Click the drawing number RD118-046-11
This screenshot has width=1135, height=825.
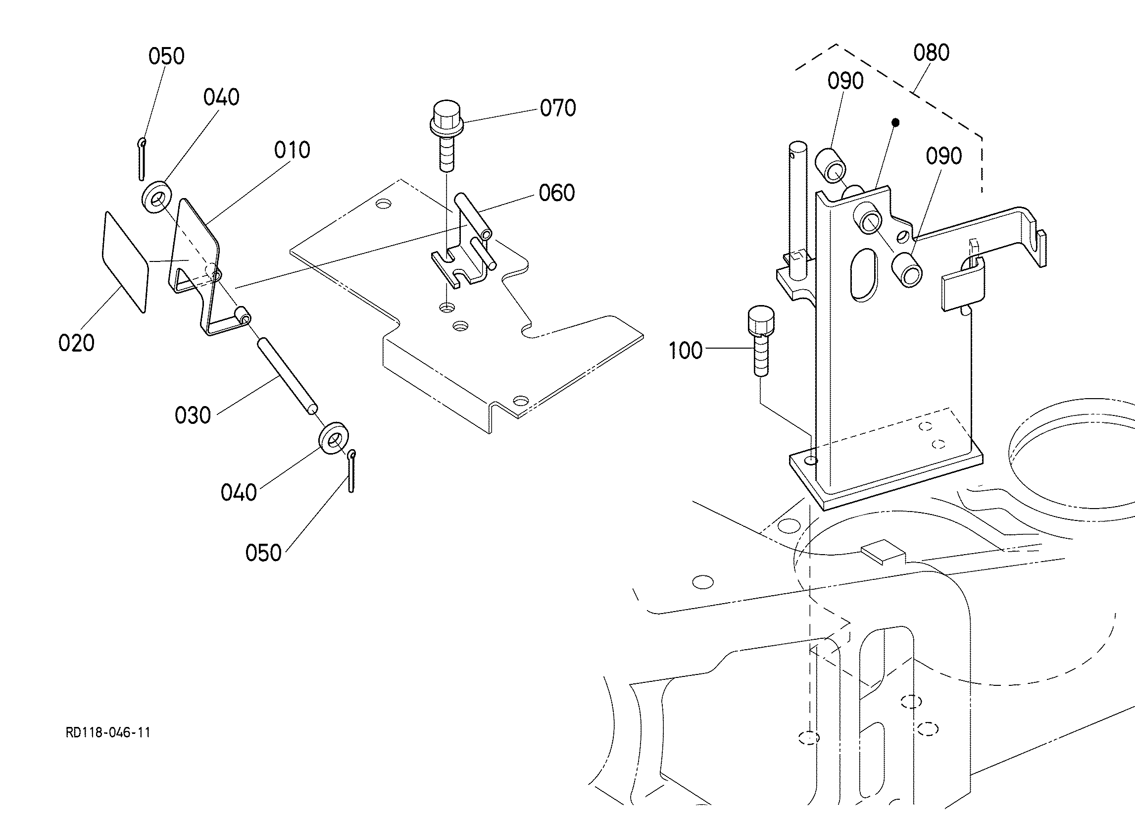(x=108, y=733)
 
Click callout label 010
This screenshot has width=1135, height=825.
(x=292, y=150)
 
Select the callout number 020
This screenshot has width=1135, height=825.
(x=76, y=343)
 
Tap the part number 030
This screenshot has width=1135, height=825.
(x=193, y=415)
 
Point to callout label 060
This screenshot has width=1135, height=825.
(x=556, y=193)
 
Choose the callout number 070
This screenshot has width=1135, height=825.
(x=557, y=108)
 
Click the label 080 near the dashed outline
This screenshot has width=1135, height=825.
(x=932, y=52)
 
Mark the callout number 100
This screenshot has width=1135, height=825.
(x=686, y=351)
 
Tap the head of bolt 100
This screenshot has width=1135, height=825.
(x=760, y=321)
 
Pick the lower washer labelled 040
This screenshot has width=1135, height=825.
(x=334, y=440)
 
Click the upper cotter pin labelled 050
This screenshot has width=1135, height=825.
(x=142, y=159)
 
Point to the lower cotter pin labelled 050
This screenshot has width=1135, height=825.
(x=352, y=471)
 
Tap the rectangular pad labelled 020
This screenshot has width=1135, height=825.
(x=126, y=262)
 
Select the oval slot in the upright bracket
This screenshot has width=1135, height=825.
(x=863, y=275)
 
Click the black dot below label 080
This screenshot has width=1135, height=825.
(x=896, y=122)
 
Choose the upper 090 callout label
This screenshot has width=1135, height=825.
(x=845, y=81)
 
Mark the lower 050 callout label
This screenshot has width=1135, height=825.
(x=263, y=553)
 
